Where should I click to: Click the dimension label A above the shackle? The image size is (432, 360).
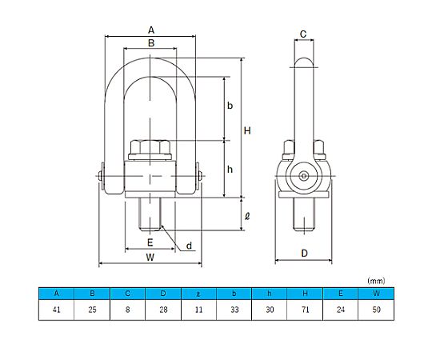151,30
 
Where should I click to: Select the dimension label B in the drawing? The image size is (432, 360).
151,43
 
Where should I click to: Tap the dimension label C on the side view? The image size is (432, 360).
303,34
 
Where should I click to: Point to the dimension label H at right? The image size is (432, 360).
247,131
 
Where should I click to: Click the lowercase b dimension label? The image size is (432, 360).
230,106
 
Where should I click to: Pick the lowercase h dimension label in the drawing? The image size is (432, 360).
230,170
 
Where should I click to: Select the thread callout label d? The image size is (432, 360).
189,246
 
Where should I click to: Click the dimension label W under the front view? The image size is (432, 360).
150,258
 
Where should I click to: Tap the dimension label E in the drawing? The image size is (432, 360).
150,242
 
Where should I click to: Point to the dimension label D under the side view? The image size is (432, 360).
304,254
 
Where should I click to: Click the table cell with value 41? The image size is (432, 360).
57,310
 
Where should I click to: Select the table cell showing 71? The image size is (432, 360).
305,310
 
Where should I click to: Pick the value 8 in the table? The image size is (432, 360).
127,310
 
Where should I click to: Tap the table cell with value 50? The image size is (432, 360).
376,310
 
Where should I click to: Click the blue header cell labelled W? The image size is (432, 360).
376,294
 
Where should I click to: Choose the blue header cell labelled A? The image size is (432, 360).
57,294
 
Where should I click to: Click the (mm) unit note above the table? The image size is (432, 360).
376,281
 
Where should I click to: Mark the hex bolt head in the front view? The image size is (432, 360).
150,148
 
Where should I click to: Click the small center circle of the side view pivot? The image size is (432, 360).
304,176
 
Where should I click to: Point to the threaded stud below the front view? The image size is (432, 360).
150,214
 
